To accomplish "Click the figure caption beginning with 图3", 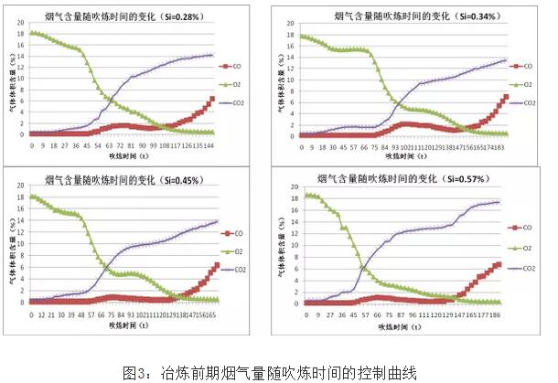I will (x=270, y=371).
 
